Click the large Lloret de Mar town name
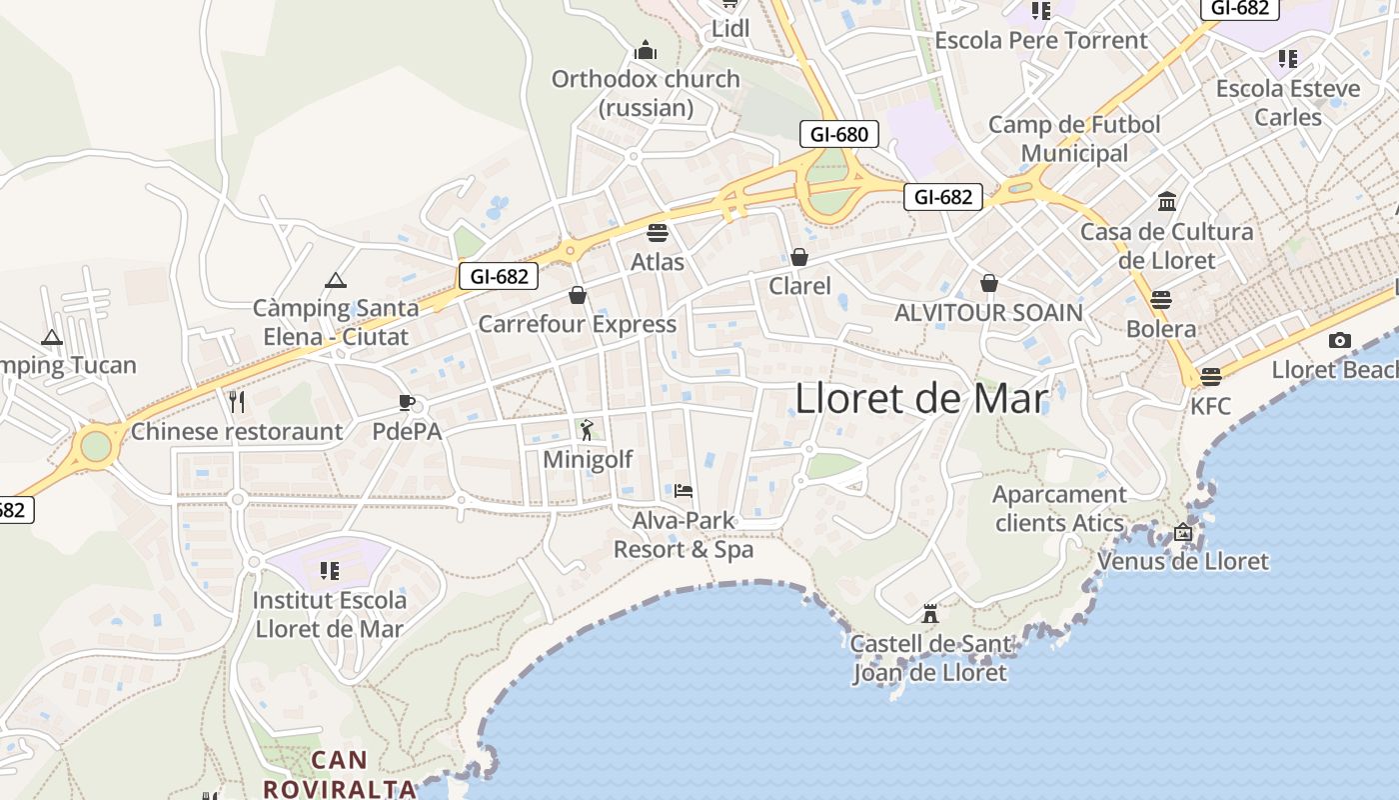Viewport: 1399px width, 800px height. click(921, 399)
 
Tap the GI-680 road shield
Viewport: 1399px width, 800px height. click(838, 134)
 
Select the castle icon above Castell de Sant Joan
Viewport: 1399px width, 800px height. click(930, 613)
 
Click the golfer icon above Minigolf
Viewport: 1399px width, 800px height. click(587, 430)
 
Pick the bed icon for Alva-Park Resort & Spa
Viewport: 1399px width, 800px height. click(684, 490)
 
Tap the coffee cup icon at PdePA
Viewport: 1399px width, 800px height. click(406, 402)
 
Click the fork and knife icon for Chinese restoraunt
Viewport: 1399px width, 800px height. click(237, 402)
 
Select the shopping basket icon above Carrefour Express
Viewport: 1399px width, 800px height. click(578, 295)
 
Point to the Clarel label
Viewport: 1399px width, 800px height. click(799, 286)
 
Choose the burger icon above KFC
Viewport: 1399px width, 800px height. click(1211, 377)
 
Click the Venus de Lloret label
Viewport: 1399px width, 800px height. click(1183, 561)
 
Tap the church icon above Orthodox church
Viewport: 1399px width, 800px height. click(646, 50)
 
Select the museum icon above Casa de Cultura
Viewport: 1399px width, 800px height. click(1167, 202)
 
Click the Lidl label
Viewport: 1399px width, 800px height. click(730, 29)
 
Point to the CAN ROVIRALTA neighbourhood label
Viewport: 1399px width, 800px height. click(339, 774)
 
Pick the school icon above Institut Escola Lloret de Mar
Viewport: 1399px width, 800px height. click(330, 571)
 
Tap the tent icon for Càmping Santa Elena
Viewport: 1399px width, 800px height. click(335, 281)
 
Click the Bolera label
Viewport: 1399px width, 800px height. click(1160, 329)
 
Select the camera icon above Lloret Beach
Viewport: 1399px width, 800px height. click(1340, 340)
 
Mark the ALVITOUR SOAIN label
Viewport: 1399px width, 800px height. click(988, 313)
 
